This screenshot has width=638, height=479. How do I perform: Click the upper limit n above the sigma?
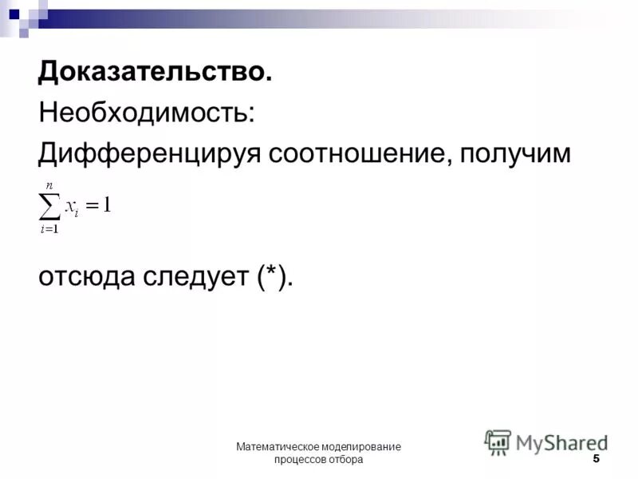[49, 185]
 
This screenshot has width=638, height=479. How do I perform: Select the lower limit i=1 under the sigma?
[49, 230]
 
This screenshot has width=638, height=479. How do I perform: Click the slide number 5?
[596, 459]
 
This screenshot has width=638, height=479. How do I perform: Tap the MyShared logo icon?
[498, 441]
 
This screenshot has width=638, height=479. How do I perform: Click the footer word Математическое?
[276, 447]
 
